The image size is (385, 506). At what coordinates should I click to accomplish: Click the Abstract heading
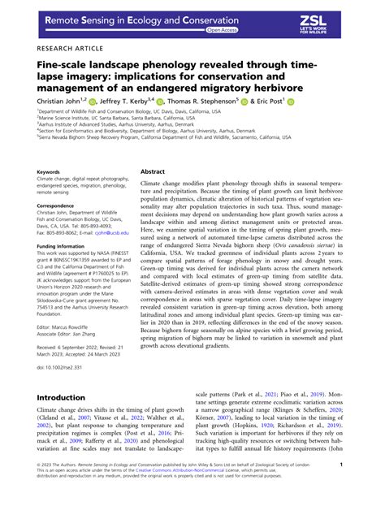[x=154, y=172]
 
